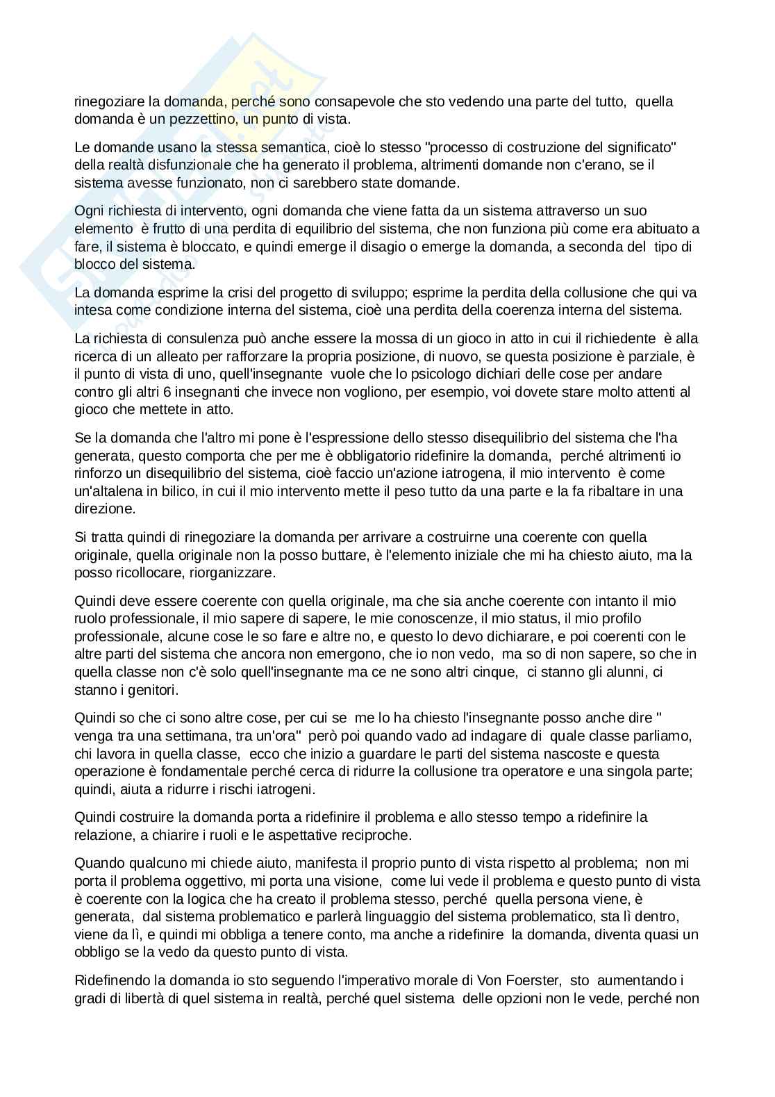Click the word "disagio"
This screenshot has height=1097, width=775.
[391, 247]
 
